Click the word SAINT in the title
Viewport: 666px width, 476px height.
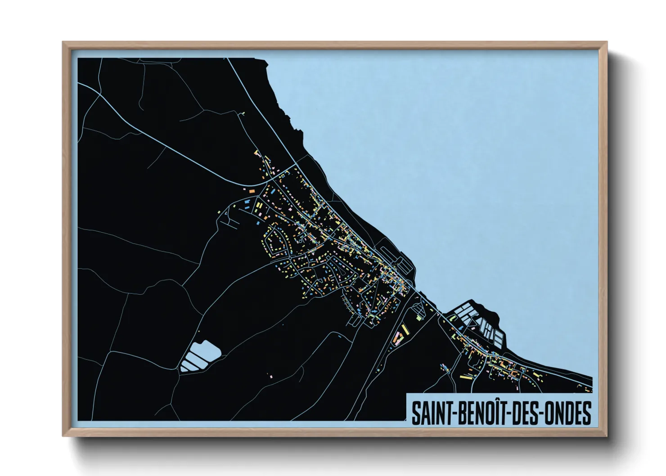(434, 413)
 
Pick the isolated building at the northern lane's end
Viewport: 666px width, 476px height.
(243, 114)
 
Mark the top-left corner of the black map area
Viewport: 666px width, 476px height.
(78, 58)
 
